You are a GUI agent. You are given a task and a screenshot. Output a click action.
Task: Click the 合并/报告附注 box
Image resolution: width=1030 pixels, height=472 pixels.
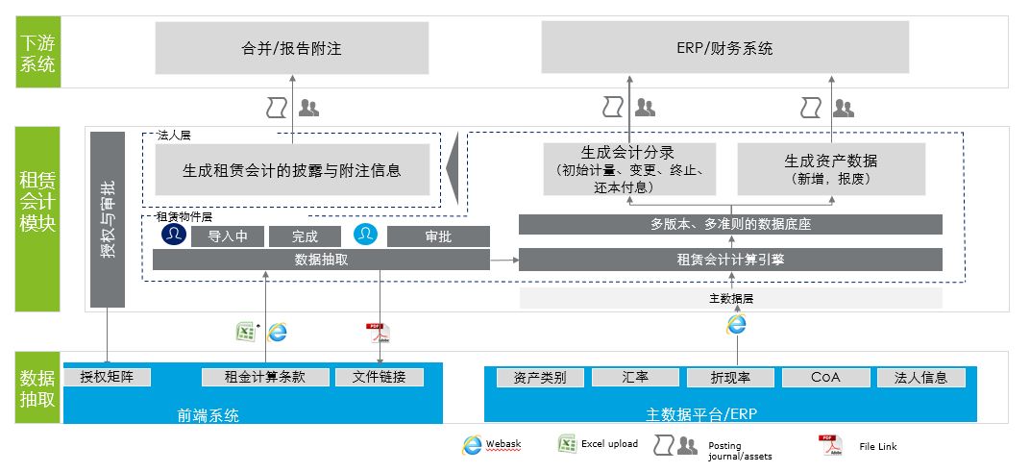pos(292,48)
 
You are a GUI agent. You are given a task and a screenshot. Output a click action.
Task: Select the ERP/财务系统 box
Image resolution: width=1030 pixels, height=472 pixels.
pos(725,48)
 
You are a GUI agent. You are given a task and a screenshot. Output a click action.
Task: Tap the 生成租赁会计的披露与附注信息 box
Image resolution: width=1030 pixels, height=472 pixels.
pos(292,170)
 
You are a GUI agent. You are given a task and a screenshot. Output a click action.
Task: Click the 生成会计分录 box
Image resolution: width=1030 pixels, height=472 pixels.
pos(629,169)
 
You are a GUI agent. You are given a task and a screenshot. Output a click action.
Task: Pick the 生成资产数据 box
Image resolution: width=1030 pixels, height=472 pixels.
pos(831,169)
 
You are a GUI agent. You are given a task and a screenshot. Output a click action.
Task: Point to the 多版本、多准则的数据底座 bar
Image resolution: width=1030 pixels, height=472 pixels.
pos(730,225)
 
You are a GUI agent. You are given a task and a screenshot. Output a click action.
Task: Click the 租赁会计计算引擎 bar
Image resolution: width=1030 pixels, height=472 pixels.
pos(730,259)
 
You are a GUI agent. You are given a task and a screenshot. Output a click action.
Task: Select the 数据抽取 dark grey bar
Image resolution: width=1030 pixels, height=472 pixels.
pos(321,260)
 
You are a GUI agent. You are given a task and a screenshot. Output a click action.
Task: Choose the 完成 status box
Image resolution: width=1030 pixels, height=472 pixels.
pos(305,236)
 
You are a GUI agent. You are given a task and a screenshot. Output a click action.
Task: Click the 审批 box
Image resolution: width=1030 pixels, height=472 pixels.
pos(438,236)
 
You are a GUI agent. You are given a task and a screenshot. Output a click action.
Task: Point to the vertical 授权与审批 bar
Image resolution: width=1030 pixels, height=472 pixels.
pos(108,219)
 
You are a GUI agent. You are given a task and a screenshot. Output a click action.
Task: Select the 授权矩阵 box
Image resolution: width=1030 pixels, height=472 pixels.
pos(108,378)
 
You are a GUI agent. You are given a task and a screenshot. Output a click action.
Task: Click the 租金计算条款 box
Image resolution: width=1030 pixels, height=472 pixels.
pos(264,378)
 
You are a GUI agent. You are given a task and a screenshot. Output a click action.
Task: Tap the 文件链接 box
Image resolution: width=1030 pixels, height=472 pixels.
pos(380,378)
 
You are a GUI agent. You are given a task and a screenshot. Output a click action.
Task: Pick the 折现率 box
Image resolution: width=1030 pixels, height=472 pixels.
pos(731,378)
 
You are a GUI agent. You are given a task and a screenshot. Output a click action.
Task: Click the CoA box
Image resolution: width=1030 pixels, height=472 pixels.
pos(825,378)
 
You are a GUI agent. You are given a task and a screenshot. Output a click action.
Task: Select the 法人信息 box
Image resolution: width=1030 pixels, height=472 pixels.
pos(920,378)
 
